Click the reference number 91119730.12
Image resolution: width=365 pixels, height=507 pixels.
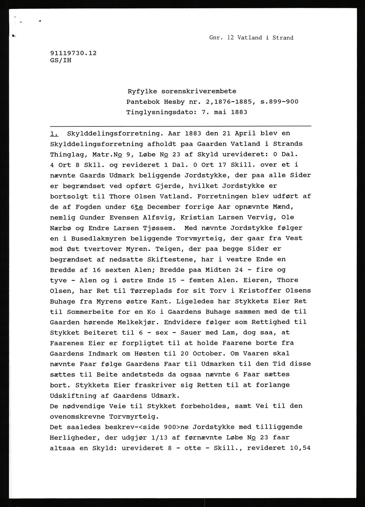click(73, 53)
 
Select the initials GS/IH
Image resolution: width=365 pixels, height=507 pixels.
click(61, 60)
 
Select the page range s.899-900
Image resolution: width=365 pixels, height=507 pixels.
click(279, 102)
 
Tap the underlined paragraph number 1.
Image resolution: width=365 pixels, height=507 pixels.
click(54, 134)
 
